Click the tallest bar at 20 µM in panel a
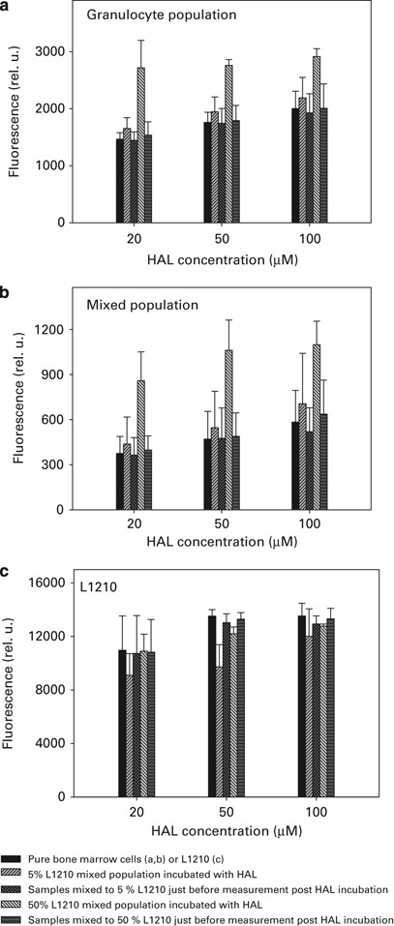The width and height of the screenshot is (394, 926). point(141,145)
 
